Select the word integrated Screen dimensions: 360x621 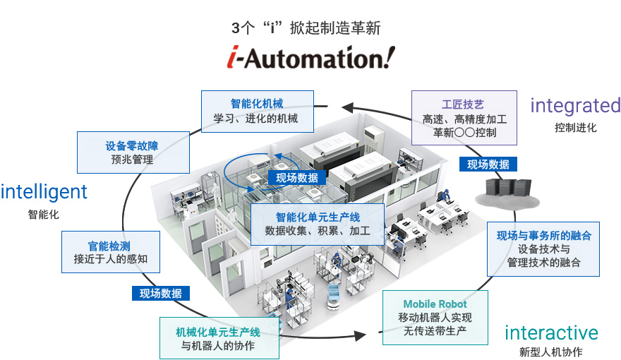tap(575, 106)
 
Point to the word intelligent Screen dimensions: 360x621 tap(44, 191)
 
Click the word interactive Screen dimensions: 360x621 tap(551, 332)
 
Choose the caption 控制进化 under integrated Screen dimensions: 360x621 tap(575, 128)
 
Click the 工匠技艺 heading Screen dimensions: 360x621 tap(463, 104)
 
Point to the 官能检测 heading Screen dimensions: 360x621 tap(109, 245)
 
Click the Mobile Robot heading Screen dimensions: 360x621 tap(435, 304)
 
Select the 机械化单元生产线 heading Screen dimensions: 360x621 tap(217, 331)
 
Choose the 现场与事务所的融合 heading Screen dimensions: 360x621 tap(543, 235)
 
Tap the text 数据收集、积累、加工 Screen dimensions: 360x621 tap(317, 231)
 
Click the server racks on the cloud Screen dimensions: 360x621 tap(505, 188)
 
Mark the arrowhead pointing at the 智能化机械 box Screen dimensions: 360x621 tap(346, 108)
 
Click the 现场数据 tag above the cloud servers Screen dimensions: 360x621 tap(488, 164)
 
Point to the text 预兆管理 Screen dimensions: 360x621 tap(132, 160)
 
